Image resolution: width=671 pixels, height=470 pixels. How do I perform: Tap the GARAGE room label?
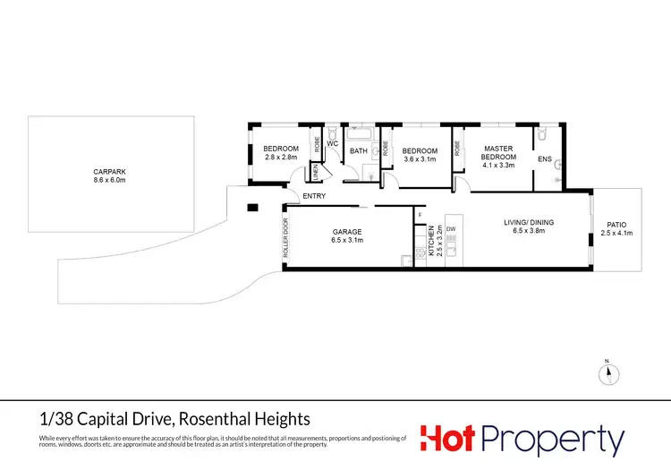(346, 232)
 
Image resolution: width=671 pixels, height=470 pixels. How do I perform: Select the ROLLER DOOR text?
(286, 239)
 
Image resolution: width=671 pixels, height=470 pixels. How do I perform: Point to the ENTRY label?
(314, 196)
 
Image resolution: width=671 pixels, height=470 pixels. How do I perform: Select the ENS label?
(544, 159)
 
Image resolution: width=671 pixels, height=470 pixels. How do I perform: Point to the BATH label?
(359, 151)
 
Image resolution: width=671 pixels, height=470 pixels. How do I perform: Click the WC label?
(331, 143)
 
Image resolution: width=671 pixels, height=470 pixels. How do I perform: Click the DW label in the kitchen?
(452, 231)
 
